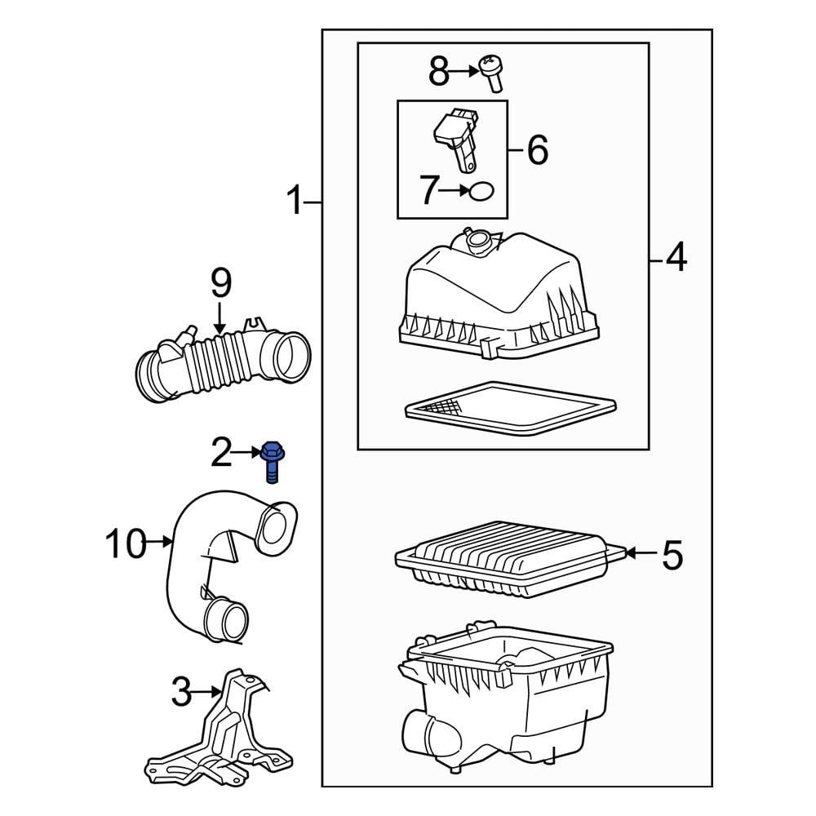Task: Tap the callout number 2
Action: coord(221,452)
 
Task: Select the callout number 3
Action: coord(181,694)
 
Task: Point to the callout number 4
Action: coord(676,259)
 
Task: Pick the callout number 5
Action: coord(671,555)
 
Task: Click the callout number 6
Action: coord(536,150)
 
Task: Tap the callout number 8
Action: coord(439,72)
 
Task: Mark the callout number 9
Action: coord(221,283)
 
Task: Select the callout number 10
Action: coord(126,543)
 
